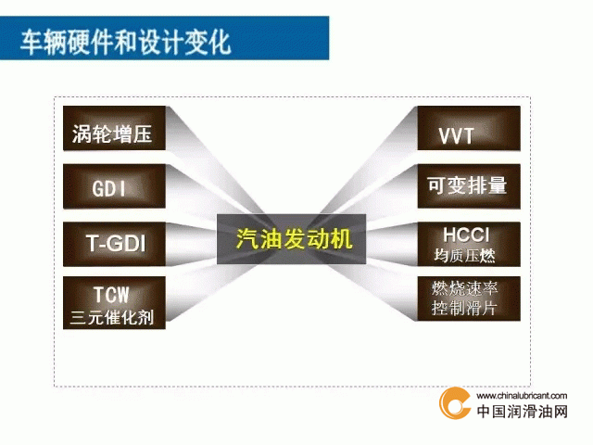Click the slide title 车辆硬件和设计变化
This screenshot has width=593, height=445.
125,42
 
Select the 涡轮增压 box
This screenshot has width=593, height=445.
114,128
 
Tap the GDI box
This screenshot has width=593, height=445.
114,185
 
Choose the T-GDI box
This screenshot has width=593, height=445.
114,244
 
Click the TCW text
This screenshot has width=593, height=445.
111,295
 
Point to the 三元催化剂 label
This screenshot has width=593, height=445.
112,317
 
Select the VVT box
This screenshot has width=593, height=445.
469,128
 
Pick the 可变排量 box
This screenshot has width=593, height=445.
469,185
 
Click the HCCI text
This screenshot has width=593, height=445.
466,235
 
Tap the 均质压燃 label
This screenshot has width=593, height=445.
465,256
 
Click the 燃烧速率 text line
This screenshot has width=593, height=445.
465,288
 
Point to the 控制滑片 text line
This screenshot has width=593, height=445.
464,308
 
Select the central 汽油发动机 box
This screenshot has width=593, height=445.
291,239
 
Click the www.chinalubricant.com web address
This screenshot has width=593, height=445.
522,396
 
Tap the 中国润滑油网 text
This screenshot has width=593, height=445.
523,412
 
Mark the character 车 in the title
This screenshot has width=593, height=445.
31,42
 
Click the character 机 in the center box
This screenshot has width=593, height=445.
341,239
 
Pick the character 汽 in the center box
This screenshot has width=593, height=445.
247,239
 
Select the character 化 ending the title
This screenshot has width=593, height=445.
220,42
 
